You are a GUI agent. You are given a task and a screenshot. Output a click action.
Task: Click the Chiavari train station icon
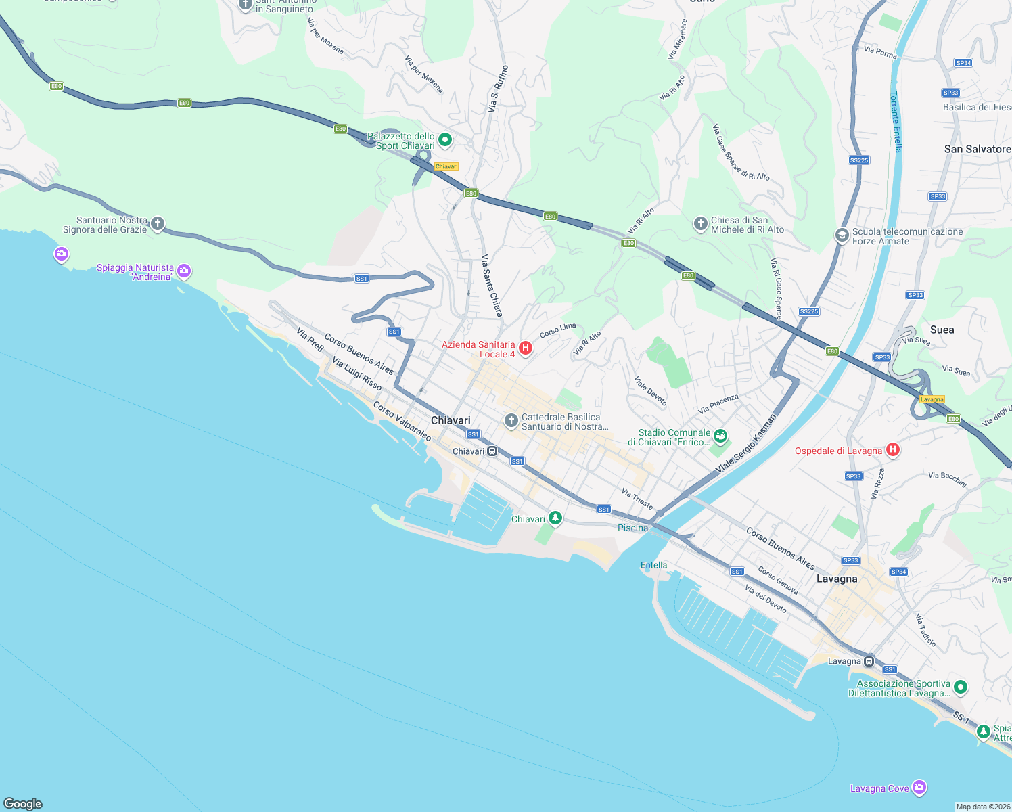492,451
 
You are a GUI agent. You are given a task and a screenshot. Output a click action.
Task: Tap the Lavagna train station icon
869,661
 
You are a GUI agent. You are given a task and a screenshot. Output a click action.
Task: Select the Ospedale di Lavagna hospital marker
892,450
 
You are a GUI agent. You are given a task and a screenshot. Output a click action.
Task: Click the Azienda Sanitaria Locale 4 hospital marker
525,348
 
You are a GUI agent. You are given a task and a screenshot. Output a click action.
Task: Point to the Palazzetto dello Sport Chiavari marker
445,140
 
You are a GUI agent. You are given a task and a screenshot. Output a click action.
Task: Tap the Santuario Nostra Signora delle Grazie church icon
157,223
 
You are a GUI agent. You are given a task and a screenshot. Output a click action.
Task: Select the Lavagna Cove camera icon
919,788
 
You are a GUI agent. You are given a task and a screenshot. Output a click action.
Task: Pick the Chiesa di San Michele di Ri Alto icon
701,223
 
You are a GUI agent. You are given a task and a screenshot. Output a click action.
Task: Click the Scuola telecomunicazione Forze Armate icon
842,235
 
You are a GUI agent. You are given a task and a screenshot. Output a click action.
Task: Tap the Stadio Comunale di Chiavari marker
720,436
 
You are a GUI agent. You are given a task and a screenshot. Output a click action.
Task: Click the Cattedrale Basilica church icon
511,421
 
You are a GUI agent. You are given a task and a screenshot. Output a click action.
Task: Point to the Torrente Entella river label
896,122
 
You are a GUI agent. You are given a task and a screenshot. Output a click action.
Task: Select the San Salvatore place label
977,149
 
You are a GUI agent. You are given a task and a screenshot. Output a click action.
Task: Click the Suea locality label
942,330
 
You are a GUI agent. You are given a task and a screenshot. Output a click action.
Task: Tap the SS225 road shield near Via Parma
858,160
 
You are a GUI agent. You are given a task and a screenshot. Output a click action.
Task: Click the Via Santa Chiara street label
492,286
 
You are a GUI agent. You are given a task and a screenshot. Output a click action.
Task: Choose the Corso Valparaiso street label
402,422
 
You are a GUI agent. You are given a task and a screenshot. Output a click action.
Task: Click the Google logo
23,803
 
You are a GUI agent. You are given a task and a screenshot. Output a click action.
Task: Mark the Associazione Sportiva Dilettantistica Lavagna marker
960,687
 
